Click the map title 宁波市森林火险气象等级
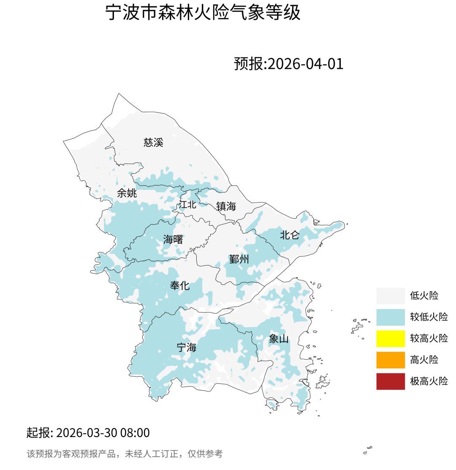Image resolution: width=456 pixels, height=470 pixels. pos(203,13)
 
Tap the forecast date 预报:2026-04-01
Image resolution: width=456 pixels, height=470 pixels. pos(289,64)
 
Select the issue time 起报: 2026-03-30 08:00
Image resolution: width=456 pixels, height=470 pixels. pos(88,433)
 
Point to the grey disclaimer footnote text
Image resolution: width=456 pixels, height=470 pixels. pos(125,454)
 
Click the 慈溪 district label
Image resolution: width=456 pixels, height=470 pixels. pos(153,142)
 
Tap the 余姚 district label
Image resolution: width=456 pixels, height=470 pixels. pos(127,193)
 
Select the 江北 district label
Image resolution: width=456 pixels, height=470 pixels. pos(187,205)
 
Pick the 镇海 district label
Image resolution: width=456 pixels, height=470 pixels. pos(226,206)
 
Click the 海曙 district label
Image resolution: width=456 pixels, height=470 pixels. pos(173,239)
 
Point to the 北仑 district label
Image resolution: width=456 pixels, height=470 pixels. pos(290,235)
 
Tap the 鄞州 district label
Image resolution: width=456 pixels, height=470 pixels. pos(239,259)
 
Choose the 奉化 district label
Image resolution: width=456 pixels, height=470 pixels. pos(180,286)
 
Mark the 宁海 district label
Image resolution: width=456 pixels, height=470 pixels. pos(186,348)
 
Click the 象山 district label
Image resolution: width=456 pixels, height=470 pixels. pos(279,339)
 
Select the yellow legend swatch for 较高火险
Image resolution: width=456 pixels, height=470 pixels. pos(391,339)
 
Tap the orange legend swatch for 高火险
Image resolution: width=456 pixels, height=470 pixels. pos(391,360)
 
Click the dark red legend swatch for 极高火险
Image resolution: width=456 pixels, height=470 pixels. pos(391,381)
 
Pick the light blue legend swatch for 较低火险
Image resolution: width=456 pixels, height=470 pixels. pos(391,317)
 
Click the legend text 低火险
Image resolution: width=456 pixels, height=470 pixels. pos(424,296)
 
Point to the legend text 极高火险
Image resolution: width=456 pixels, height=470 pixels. pos(429,381)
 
